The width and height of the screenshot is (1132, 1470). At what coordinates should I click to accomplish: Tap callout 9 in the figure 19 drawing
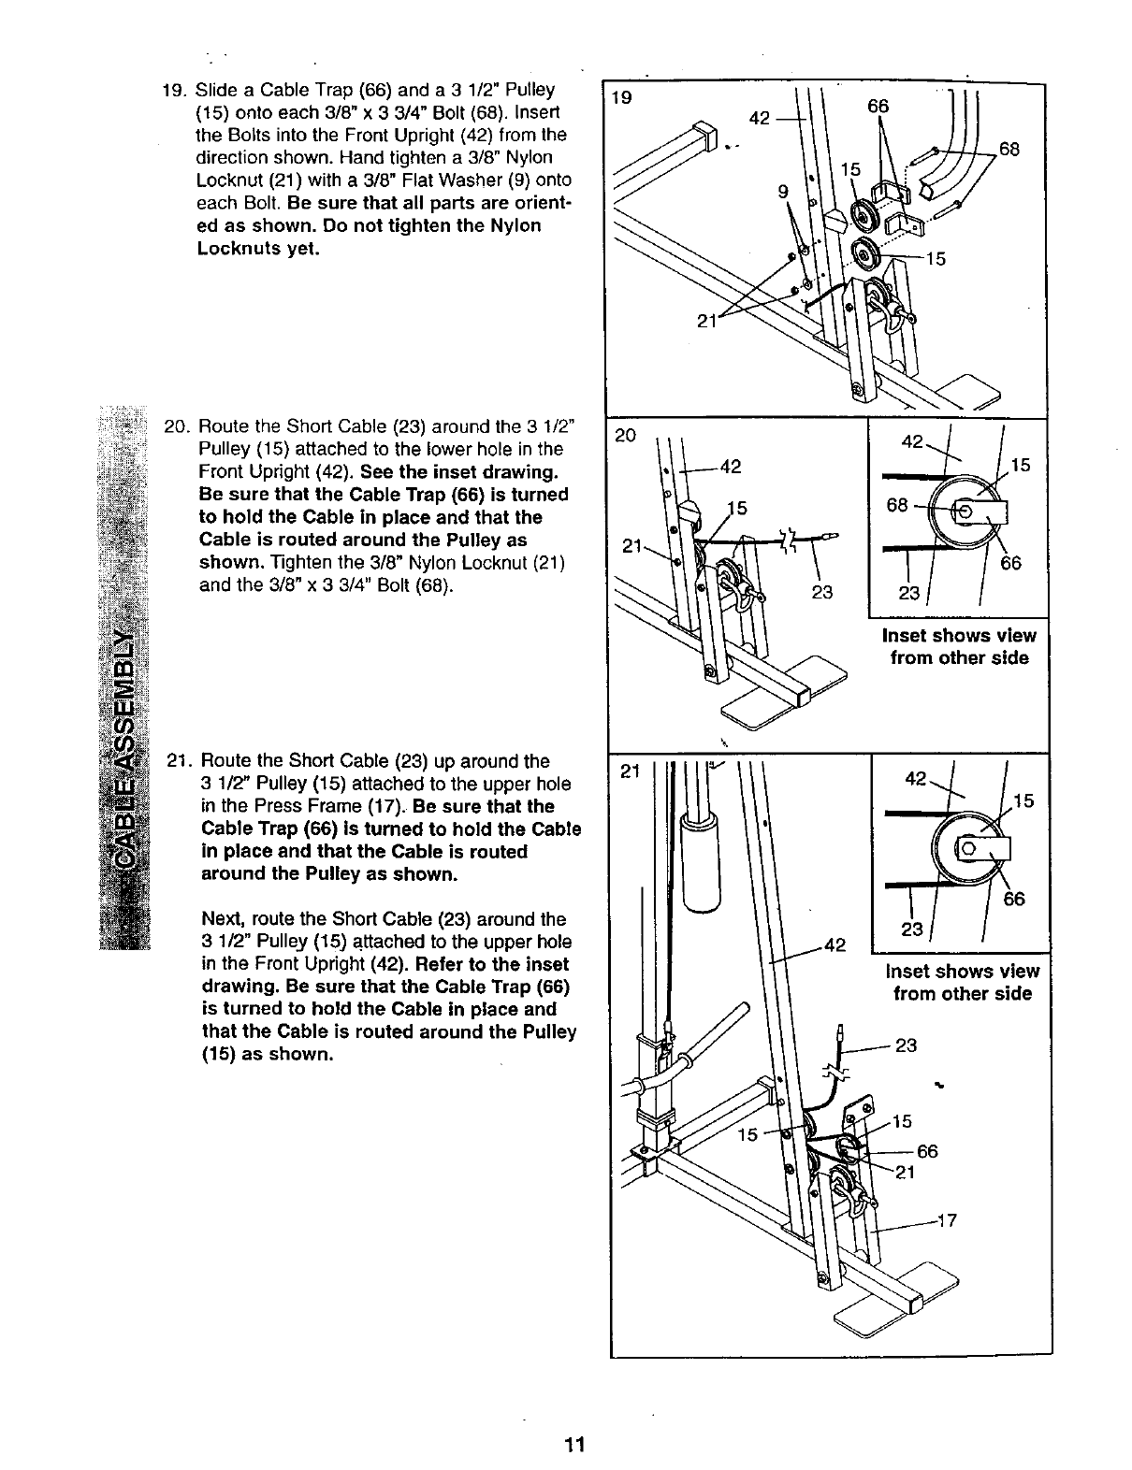pyautogui.click(x=783, y=194)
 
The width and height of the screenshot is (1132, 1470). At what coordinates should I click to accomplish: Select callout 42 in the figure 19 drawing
pyautogui.click(x=760, y=118)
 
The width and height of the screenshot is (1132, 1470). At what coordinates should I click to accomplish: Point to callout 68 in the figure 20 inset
pyautogui.click(x=897, y=505)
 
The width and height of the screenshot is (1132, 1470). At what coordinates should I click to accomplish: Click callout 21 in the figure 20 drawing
pyautogui.click(x=630, y=546)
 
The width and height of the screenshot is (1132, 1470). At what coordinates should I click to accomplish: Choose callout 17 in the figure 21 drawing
pyautogui.click(x=946, y=1219)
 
